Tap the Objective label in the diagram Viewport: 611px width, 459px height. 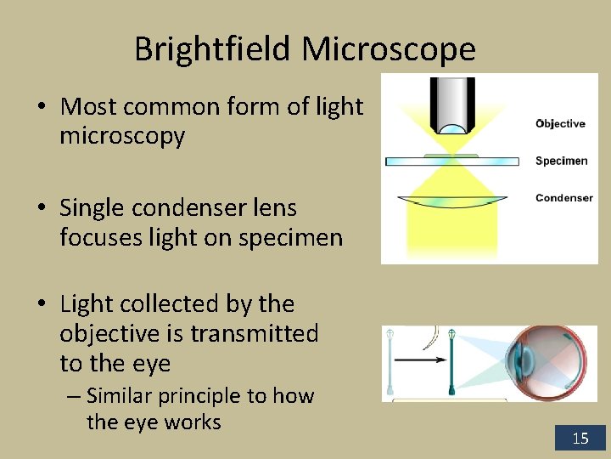(560, 124)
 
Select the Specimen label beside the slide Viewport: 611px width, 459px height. (561, 161)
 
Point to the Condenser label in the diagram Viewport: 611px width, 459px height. (563, 198)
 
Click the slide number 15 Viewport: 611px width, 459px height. (580, 439)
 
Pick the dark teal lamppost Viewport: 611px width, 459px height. (453, 360)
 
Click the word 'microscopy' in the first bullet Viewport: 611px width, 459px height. (122, 136)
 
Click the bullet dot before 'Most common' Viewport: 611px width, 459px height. (42, 108)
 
